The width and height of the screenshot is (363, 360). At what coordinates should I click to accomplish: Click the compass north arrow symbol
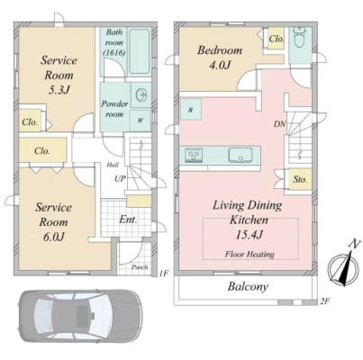344,266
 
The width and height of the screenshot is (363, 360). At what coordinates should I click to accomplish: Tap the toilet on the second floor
299,38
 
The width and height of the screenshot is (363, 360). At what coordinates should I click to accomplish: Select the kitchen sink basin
240,155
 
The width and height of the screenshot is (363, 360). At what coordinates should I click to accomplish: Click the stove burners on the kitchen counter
194,155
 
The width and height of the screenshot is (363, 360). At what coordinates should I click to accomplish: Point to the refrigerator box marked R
191,110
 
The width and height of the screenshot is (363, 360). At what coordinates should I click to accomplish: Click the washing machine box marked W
140,121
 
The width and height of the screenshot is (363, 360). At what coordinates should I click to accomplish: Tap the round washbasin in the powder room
141,95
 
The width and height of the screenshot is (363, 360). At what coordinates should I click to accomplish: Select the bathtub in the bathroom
139,52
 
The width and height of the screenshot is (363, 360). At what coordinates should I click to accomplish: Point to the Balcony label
248,286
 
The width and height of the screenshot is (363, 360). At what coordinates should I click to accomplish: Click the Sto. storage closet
300,179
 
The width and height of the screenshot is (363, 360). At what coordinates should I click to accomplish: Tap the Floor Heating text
250,255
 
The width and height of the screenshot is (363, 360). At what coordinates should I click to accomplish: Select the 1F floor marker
164,273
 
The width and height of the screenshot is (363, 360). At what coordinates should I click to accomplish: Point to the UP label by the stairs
120,179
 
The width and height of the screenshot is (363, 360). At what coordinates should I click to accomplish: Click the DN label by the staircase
279,124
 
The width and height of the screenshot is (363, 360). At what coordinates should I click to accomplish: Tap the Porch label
140,266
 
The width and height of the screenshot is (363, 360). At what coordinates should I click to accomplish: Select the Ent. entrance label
128,220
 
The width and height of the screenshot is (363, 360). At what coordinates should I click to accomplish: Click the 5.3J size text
59,90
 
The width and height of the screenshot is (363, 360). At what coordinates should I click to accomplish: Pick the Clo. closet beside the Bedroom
277,39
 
